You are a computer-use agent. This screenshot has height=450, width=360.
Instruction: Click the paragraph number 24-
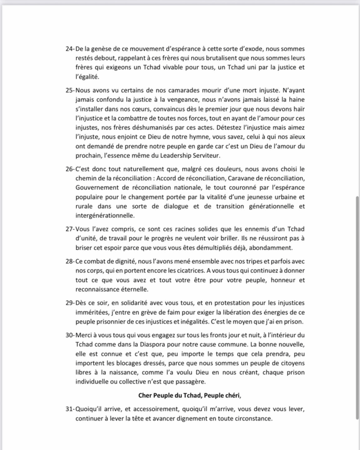click(x=69, y=48)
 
